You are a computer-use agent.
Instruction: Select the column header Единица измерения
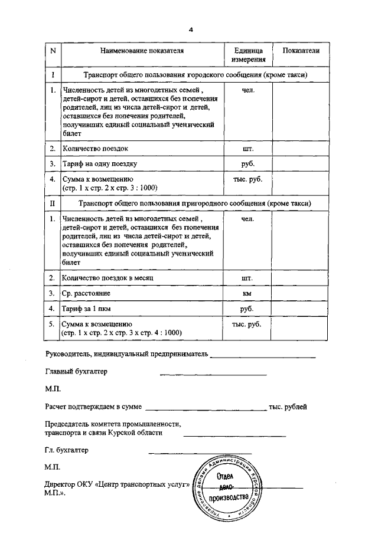tap(248, 55)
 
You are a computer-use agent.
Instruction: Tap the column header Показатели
tap(301, 51)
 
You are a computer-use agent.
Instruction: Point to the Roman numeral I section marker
tap(53, 76)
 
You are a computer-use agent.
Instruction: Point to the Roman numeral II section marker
tap(53, 204)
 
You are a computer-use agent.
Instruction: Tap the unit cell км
tap(248, 293)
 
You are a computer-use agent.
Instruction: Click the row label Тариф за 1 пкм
tap(88, 308)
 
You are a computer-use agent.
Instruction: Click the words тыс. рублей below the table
tap(288, 407)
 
